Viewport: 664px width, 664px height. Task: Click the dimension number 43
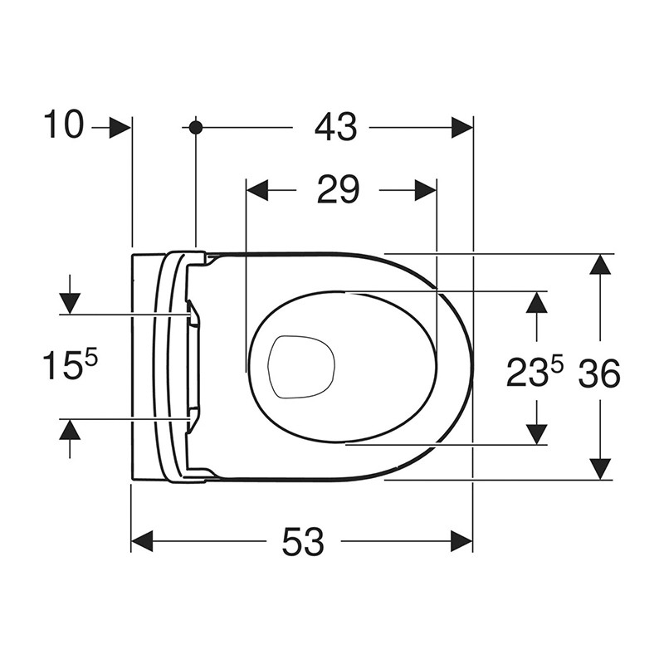pos(336,127)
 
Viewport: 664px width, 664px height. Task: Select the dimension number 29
pos(338,190)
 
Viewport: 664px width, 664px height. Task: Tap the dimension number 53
pos(303,541)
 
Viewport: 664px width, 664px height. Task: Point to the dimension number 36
pos(599,373)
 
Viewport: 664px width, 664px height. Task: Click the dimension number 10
pos(64,124)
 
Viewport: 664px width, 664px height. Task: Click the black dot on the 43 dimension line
pos(196,127)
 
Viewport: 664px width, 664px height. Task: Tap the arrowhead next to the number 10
pos(120,127)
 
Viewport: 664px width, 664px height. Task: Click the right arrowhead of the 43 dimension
pos(462,127)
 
